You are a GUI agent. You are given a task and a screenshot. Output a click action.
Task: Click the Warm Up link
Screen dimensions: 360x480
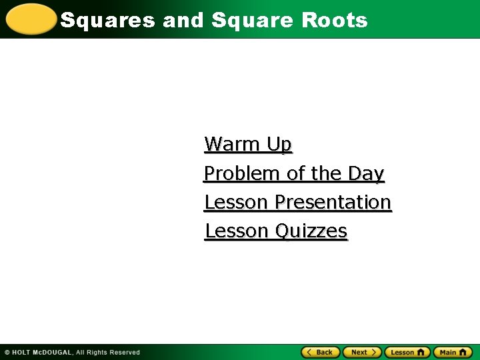click(248, 144)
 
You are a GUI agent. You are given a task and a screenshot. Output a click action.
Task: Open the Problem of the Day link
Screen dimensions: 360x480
click(294, 173)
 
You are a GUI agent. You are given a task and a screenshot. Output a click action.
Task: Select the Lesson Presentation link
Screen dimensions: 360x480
click(297, 202)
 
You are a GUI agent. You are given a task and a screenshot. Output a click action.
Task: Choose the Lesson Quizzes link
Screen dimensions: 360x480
click(276, 231)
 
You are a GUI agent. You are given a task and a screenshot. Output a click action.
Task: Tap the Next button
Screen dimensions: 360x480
click(362, 352)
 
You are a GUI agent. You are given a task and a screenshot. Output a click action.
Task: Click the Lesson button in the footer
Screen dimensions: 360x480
click(407, 352)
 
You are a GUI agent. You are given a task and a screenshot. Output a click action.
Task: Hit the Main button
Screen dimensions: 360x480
click(452, 352)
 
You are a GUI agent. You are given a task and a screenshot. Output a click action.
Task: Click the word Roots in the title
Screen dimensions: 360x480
click(335, 20)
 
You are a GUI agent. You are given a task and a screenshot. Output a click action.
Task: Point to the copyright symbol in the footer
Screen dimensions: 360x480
click(7, 352)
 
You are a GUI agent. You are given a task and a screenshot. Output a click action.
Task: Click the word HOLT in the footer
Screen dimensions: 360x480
click(23, 352)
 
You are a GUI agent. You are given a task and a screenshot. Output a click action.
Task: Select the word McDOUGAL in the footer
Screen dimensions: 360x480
click(53, 352)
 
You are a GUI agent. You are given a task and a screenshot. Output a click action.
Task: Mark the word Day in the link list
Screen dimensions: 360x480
click(366, 173)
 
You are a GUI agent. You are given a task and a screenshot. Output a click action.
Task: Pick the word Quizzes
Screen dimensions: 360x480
click(311, 231)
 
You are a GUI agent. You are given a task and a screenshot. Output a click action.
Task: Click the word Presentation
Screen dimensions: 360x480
click(333, 202)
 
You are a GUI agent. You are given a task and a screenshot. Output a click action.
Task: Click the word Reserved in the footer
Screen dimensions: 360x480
click(125, 352)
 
